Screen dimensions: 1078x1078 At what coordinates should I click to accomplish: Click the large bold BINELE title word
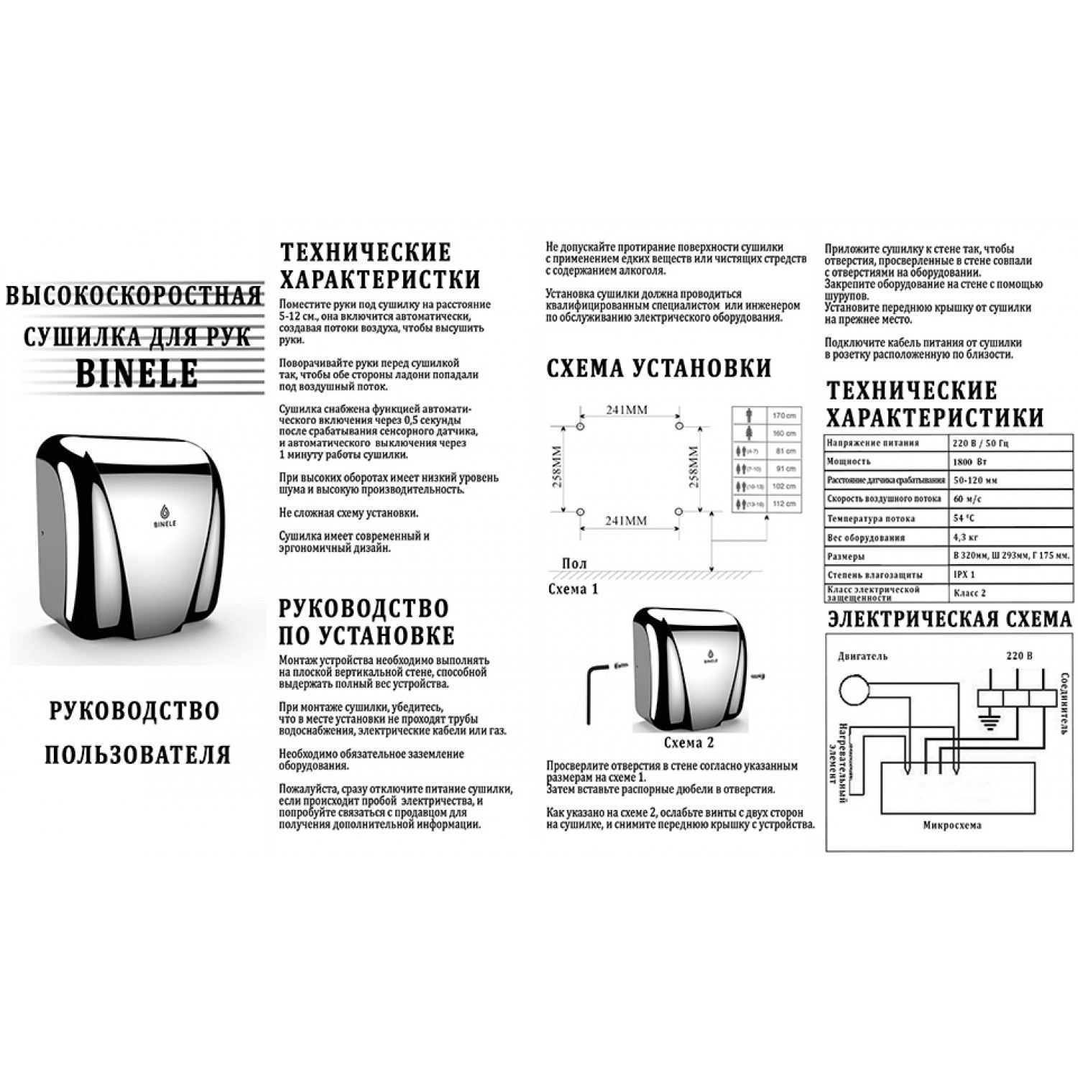[x=137, y=372]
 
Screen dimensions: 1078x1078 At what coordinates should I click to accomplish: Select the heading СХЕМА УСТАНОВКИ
[x=658, y=368]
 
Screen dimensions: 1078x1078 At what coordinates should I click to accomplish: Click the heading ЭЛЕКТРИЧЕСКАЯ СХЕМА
[x=949, y=619]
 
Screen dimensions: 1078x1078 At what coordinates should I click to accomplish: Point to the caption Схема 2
[x=688, y=742]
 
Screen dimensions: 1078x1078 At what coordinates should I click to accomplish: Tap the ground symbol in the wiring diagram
[x=990, y=722]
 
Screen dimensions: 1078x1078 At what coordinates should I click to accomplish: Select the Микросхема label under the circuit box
[x=952, y=825]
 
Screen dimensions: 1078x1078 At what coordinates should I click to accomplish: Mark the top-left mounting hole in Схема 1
[x=581, y=427]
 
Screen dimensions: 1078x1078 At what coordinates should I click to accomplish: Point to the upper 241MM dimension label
[x=627, y=410]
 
